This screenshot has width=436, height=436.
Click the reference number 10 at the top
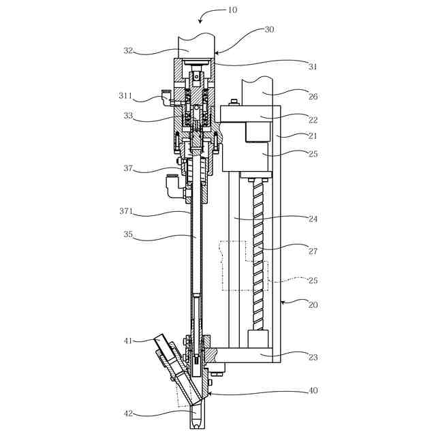coord(232,10)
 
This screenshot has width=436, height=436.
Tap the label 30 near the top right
coord(269,30)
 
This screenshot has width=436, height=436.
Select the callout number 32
coord(128,50)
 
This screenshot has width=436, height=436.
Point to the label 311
coord(125,95)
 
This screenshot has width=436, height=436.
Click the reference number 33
coord(128,115)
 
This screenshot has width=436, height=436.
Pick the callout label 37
coord(128,168)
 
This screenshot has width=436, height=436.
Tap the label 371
coord(126,211)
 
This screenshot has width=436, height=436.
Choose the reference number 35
coord(128,234)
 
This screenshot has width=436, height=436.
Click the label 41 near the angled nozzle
coord(128,341)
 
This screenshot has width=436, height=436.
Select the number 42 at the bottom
coord(128,414)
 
